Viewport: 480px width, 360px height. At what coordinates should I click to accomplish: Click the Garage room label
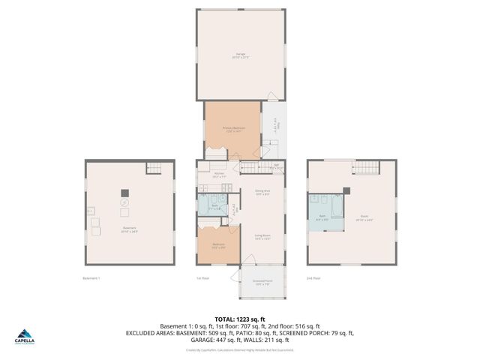click(240, 55)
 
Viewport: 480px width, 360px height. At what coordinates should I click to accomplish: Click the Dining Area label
click(262, 193)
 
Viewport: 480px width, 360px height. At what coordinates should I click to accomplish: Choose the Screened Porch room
click(262, 284)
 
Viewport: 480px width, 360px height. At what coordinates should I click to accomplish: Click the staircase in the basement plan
click(154, 167)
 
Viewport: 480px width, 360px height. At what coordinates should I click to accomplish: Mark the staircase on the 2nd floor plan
click(367, 166)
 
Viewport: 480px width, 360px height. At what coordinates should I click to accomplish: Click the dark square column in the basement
click(124, 193)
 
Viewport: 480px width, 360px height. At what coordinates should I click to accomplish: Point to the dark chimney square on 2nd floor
click(346, 190)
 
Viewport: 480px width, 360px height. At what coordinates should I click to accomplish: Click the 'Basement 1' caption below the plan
click(91, 279)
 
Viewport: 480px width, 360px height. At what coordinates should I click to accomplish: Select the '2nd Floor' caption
click(313, 279)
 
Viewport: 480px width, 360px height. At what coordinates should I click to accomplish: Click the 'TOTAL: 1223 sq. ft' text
click(240, 318)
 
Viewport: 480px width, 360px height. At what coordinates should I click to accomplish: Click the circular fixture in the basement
click(124, 203)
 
